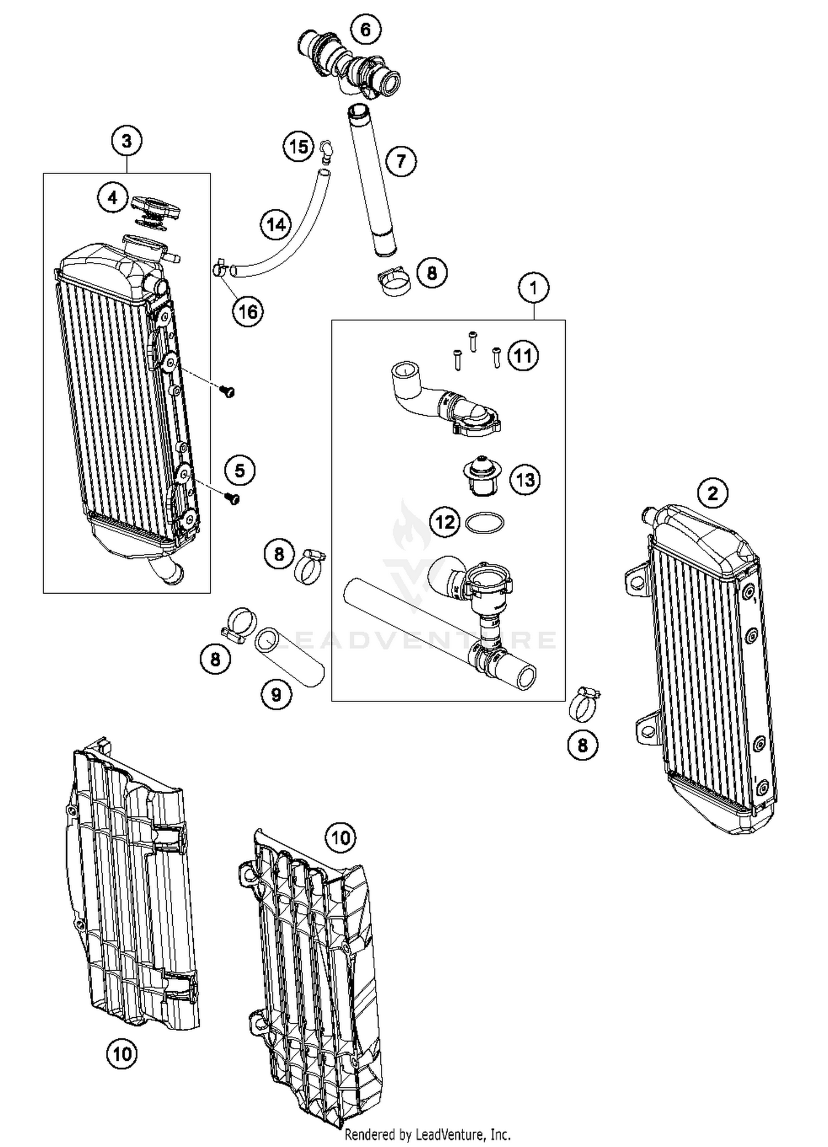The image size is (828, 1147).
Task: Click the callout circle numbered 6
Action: coord(365,29)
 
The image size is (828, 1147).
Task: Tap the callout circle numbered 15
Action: coord(299,147)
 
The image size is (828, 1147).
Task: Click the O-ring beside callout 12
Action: coord(485,522)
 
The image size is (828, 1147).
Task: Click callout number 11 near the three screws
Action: coord(523,356)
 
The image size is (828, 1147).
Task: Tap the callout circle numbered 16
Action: coord(247,312)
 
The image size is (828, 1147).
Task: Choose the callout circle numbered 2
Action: coord(713,493)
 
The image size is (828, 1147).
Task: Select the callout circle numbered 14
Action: coord(276,225)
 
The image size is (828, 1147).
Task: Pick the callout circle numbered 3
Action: coord(126,141)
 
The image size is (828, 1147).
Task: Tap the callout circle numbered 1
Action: coord(533,288)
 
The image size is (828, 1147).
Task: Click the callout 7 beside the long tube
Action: coord(401,161)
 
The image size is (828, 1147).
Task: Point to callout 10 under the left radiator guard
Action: coord(122,1054)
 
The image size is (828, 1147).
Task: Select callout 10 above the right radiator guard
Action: coord(341,838)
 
